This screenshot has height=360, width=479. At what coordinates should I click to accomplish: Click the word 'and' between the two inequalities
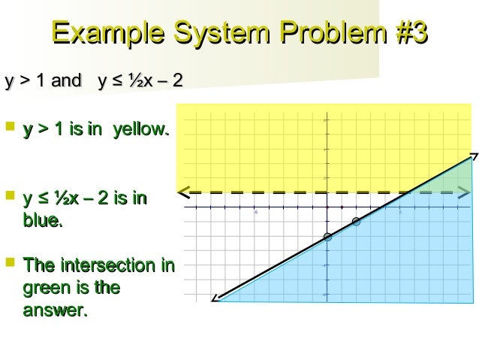[65, 81]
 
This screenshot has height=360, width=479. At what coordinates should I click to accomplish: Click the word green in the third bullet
[47, 288]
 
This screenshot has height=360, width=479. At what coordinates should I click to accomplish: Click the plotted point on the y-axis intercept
[327, 237]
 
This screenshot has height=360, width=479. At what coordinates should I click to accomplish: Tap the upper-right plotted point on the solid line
[356, 222]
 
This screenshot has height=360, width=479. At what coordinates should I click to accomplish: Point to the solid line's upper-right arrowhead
[473, 157]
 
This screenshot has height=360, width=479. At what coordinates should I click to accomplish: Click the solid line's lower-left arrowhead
[215, 298]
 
